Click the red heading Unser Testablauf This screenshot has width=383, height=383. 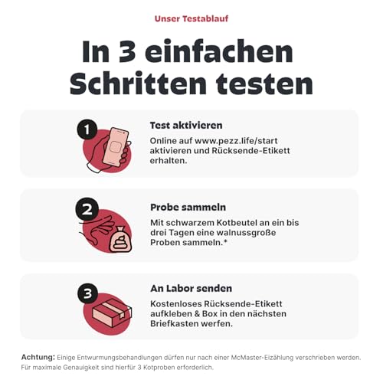click(x=191, y=18)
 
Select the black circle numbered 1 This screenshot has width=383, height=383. click(x=87, y=129)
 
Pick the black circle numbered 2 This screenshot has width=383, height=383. click(x=87, y=209)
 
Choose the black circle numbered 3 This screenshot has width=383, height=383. click(x=87, y=293)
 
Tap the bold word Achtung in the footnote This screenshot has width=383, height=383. click(x=38, y=358)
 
